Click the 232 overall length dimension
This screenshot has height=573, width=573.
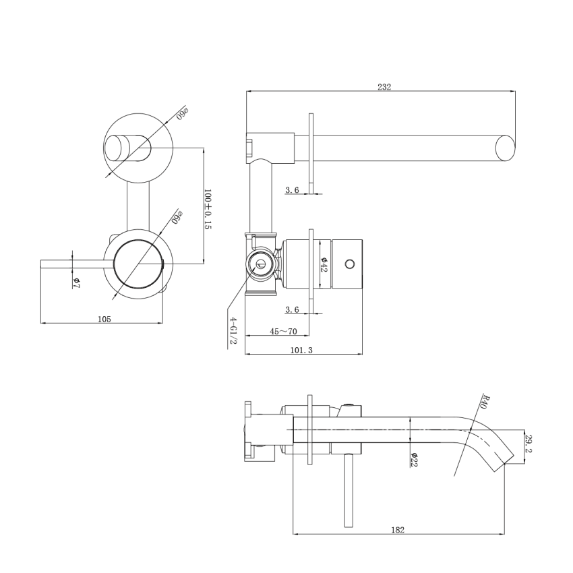pos(384,87)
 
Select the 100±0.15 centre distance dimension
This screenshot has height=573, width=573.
pos(208,209)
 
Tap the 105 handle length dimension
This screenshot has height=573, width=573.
pos(104,319)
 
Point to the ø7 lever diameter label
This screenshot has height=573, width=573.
pos(77,283)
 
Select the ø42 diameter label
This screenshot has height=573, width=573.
pos(324,264)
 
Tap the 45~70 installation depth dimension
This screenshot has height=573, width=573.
pos(284,331)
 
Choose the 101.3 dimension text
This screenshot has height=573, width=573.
pos(301,350)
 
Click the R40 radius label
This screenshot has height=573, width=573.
pos(483,402)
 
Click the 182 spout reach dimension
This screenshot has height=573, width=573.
pos(398,530)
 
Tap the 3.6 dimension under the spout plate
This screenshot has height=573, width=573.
pos(292,190)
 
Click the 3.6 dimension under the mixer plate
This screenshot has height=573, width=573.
pos(292,309)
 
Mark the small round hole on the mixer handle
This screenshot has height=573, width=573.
pos(349,263)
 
